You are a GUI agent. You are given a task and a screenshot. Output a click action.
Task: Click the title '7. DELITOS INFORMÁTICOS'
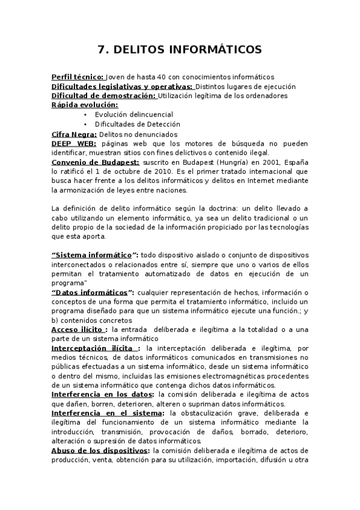[x=180, y=49]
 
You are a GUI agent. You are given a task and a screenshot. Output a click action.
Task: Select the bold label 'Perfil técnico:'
[x=78, y=77]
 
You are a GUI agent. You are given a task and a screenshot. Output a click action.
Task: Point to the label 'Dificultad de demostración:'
[x=103, y=96]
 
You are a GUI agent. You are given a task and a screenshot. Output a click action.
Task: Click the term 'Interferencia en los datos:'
[x=103, y=395]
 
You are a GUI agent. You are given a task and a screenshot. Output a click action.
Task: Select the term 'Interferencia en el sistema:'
[x=107, y=413]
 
